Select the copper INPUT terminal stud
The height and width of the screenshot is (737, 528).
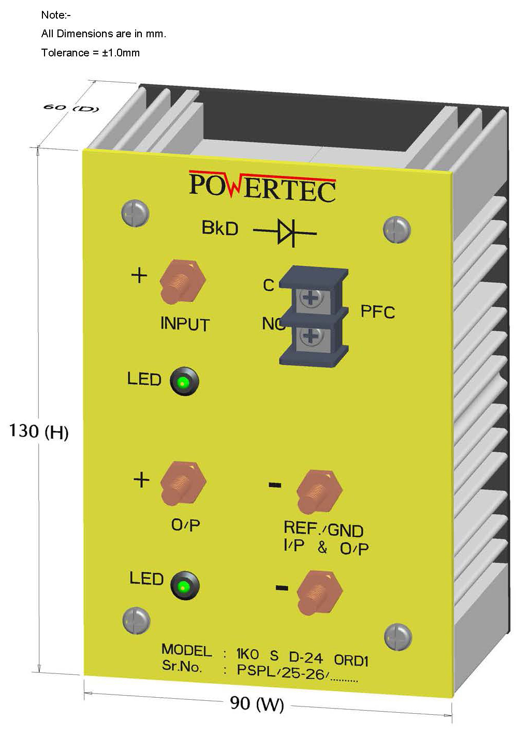pyautogui.click(x=182, y=282)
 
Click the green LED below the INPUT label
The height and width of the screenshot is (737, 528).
pyautogui.click(x=183, y=383)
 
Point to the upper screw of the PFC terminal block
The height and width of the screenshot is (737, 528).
pyautogui.click(x=310, y=298)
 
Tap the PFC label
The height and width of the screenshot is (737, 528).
pyautogui.click(x=377, y=312)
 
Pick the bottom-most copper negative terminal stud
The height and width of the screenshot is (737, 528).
pyautogui.click(x=318, y=591)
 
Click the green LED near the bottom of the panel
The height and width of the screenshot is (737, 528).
pyautogui.click(x=184, y=586)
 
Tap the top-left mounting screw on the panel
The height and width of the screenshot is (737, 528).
pyautogui.click(x=136, y=213)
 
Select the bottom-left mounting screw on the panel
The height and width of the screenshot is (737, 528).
pyautogui.click(x=136, y=620)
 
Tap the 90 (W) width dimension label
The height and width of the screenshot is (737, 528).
pyautogui.click(x=257, y=703)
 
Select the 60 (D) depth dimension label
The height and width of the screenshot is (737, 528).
pyautogui.click(x=70, y=108)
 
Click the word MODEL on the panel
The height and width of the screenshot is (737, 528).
pyautogui.click(x=186, y=650)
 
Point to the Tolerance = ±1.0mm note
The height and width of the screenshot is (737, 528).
pyautogui.click(x=91, y=53)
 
